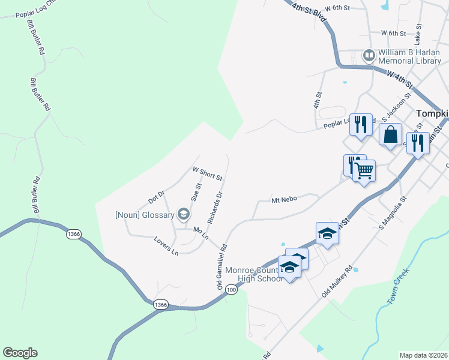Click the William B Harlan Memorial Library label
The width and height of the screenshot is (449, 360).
(x=409, y=56)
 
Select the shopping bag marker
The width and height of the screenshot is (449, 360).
(x=390, y=134)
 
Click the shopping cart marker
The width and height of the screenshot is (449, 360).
(x=364, y=171)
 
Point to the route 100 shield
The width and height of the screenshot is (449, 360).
(x=232, y=290)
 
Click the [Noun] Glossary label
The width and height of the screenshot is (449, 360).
(x=145, y=215)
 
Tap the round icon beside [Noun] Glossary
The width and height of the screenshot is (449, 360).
(x=183, y=214)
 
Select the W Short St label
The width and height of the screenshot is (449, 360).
(x=207, y=173)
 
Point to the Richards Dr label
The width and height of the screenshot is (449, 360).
(x=215, y=208)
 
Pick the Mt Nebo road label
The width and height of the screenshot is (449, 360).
(x=285, y=200)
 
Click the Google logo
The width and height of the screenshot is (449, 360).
(x=20, y=353)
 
